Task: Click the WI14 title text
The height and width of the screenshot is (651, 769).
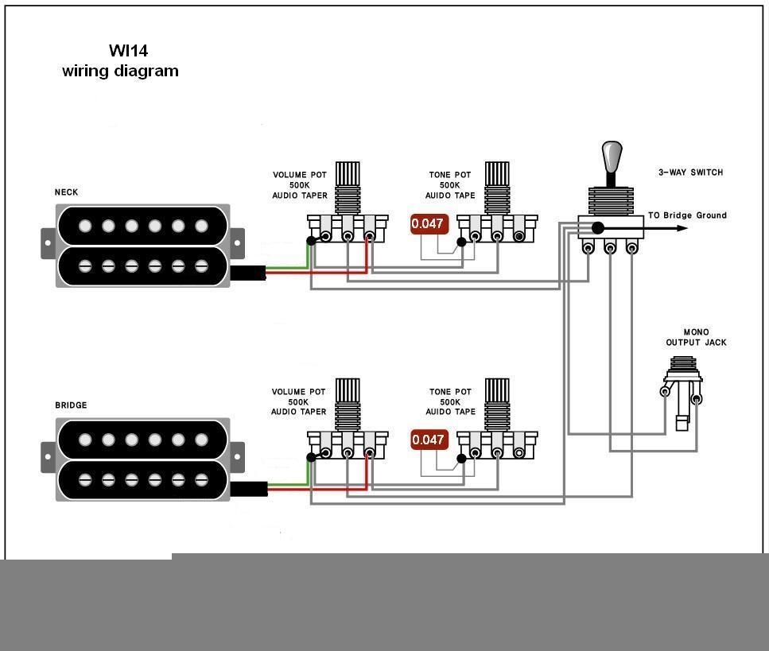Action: click(128, 51)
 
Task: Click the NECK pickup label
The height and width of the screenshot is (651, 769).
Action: click(66, 192)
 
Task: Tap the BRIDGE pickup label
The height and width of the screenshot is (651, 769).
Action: click(71, 405)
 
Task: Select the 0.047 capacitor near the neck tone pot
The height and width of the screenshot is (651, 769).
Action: click(428, 224)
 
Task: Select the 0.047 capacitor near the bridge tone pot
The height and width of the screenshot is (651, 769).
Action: click(428, 440)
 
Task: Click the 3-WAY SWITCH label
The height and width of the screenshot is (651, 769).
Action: click(690, 172)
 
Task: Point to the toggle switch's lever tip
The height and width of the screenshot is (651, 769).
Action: click(611, 151)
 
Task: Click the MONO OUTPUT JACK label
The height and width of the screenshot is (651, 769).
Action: click(696, 338)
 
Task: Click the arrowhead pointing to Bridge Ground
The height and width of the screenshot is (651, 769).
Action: click(682, 228)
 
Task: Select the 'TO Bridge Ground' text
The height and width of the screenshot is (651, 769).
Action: click(686, 215)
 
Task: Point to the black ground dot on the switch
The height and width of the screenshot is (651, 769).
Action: click(597, 228)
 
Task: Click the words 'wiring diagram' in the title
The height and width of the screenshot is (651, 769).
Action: click(120, 72)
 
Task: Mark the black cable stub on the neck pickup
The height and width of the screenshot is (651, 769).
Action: click(247, 273)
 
